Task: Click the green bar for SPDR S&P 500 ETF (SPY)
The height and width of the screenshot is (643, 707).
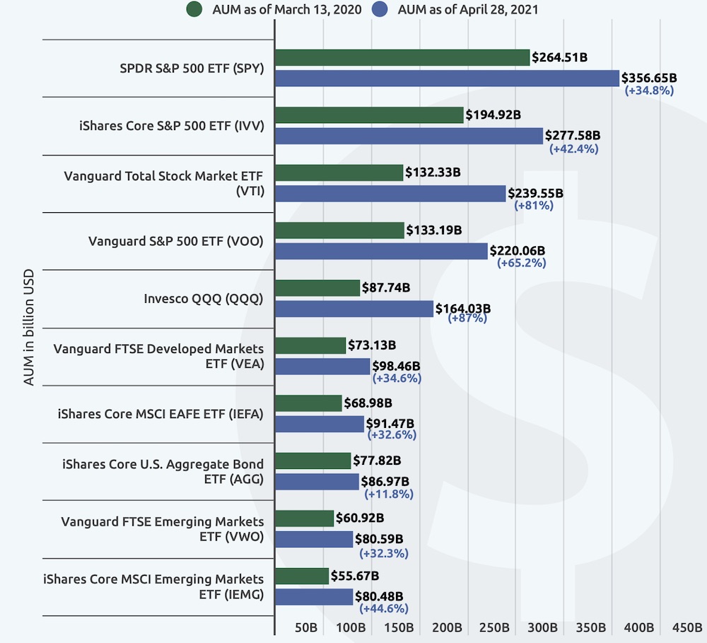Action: click(402, 58)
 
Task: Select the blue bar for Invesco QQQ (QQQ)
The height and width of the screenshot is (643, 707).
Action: click(353, 308)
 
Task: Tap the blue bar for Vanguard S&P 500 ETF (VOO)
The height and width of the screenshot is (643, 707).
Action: click(381, 251)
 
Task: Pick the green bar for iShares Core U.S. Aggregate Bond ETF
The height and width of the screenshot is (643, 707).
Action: click(312, 460)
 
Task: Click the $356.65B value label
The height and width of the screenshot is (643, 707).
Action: click(649, 78)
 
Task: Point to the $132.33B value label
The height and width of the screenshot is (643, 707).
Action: click(433, 172)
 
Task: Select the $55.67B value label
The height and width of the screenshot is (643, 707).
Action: click(356, 576)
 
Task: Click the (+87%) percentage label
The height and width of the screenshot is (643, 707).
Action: click(468, 319)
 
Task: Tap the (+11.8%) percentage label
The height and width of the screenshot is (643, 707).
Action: click(389, 493)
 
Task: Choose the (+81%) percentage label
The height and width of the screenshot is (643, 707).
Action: click(534, 205)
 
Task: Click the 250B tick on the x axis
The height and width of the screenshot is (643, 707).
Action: click(495, 627)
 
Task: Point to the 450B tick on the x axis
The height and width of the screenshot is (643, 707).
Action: click(686, 627)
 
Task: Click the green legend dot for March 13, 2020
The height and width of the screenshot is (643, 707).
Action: click(194, 10)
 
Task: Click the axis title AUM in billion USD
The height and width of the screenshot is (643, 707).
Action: click(29, 328)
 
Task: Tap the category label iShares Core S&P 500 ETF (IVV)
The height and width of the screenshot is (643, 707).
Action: click(170, 126)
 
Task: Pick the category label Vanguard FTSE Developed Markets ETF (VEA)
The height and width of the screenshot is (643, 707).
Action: click(159, 356)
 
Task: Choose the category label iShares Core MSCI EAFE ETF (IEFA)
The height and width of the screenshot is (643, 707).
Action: click(160, 414)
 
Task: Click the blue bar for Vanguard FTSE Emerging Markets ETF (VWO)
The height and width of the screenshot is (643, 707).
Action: click(313, 540)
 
